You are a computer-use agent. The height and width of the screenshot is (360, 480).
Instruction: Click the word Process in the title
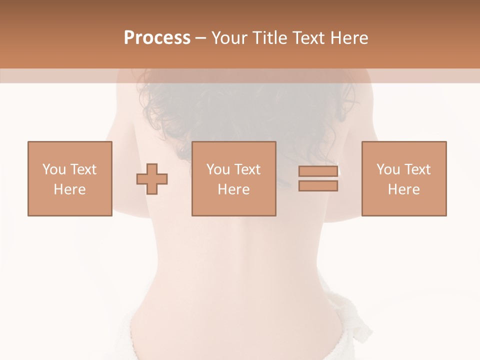pyautogui.click(x=157, y=38)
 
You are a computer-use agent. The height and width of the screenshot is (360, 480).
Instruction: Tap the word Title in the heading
pyautogui.click(x=271, y=38)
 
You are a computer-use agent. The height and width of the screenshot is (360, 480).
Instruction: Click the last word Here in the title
pyautogui.click(x=350, y=38)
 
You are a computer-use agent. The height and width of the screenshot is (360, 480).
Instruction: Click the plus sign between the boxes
pyautogui.click(x=152, y=179)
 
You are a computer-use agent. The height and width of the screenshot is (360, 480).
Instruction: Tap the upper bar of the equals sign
pyautogui.click(x=318, y=171)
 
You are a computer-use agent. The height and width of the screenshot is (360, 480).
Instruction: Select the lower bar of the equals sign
pyautogui.click(x=318, y=186)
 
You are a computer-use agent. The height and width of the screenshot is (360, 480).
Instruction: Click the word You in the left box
pyautogui.click(x=54, y=169)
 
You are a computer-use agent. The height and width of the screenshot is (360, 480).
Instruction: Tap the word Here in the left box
pyautogui.click(x=69, y=189)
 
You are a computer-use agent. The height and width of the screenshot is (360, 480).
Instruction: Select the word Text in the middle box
pyautogui.click(x=246, y=169)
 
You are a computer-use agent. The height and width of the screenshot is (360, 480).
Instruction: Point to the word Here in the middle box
pyautogui.click(x=233, y=189)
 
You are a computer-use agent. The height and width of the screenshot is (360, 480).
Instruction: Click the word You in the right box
pyautogui.click(x=388, y=169)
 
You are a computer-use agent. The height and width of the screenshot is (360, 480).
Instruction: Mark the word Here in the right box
pyautogui.click(x=403, y=189)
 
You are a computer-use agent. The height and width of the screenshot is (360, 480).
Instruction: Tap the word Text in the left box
pyautogui.click(x=82, y=169)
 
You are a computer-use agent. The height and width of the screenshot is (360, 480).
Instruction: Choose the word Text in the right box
pyautogui.click(x=416, y=169)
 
